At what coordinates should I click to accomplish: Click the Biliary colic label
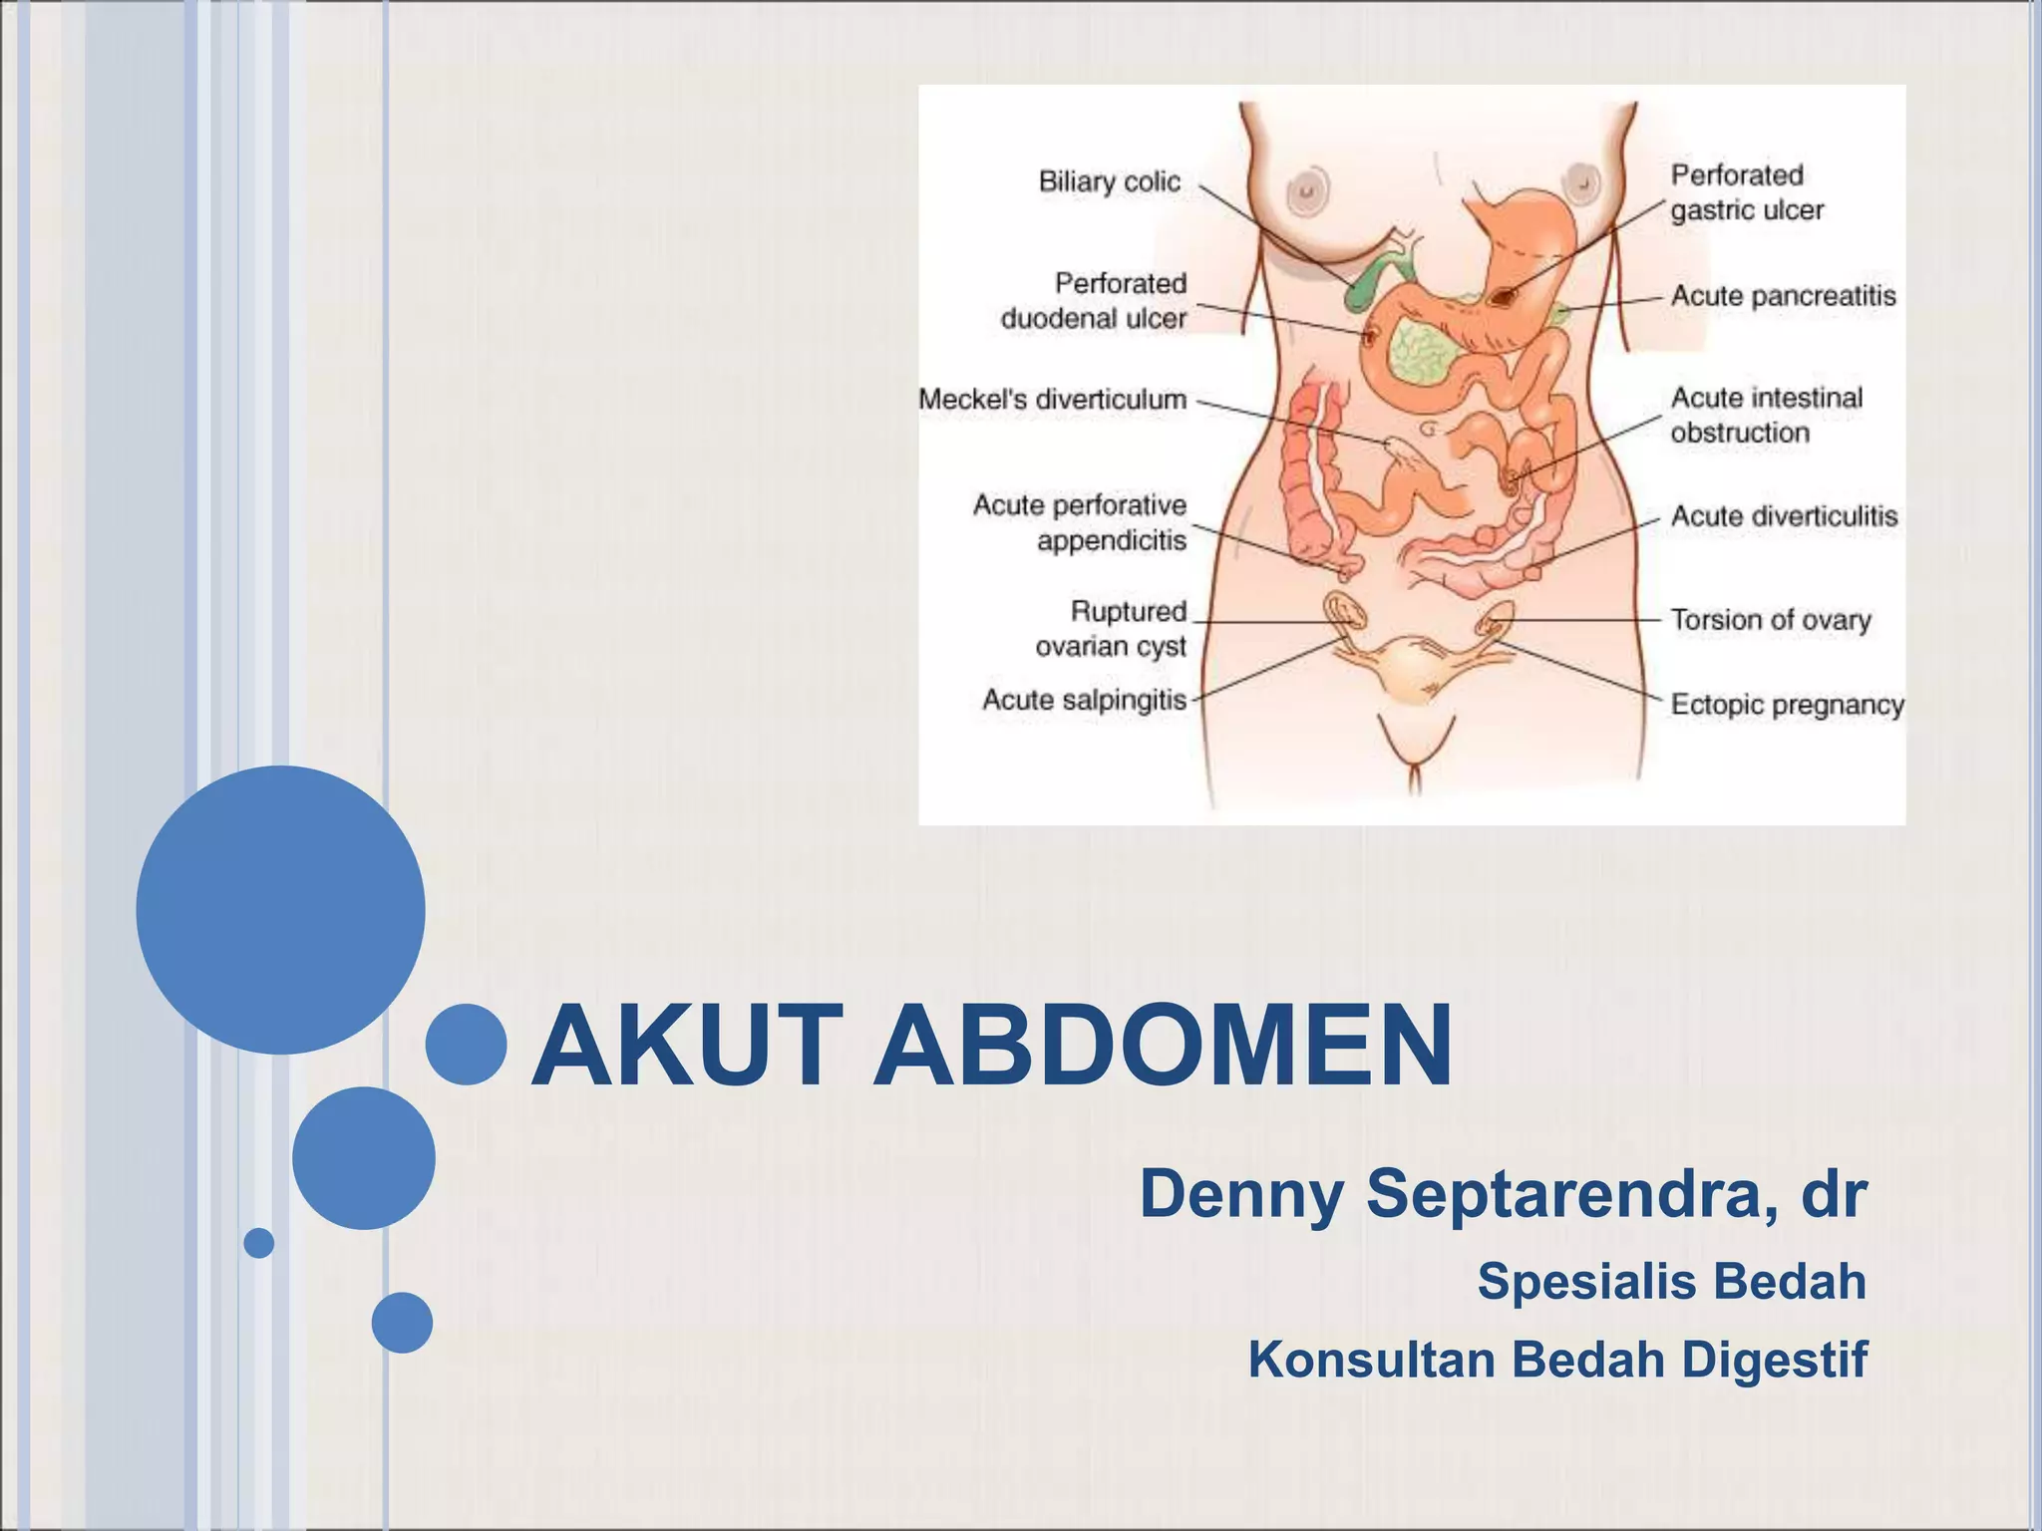pyautogui.click(x=1109, y=182)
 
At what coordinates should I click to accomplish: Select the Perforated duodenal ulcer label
pyautogui.click(x=1094, y=301)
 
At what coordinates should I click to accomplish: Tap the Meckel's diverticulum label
pyautogui.click(x=1053, y=400)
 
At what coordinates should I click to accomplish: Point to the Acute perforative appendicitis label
pyautogui.click(x=1081, y=523)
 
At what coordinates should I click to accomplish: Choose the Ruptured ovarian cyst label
pyautogui.click(x=1112, y=629)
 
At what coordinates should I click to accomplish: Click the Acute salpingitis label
pyautogui.click(x=1085, y=700)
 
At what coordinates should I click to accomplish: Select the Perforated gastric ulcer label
pyautogui.click(x=1747, y=192)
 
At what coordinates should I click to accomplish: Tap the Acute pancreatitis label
pyautogui.click(x=1784, y=296)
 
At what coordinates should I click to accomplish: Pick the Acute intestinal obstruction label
pyautogui.click(x=1767, y=415)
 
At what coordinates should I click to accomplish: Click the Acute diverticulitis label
pyautogui.click(x=1784, y=516)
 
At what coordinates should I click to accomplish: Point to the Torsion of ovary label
pyautogui.click(x=1771, y=620)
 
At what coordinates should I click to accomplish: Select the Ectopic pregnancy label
pyautogui.click(x=1787, y=705)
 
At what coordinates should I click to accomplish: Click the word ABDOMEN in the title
pyautogui.click(x=1163, y=1046)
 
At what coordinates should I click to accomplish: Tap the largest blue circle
pyautogui.click(x=280, y=910)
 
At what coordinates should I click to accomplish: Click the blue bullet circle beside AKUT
pyautogui.click(x=466, y=1045)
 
